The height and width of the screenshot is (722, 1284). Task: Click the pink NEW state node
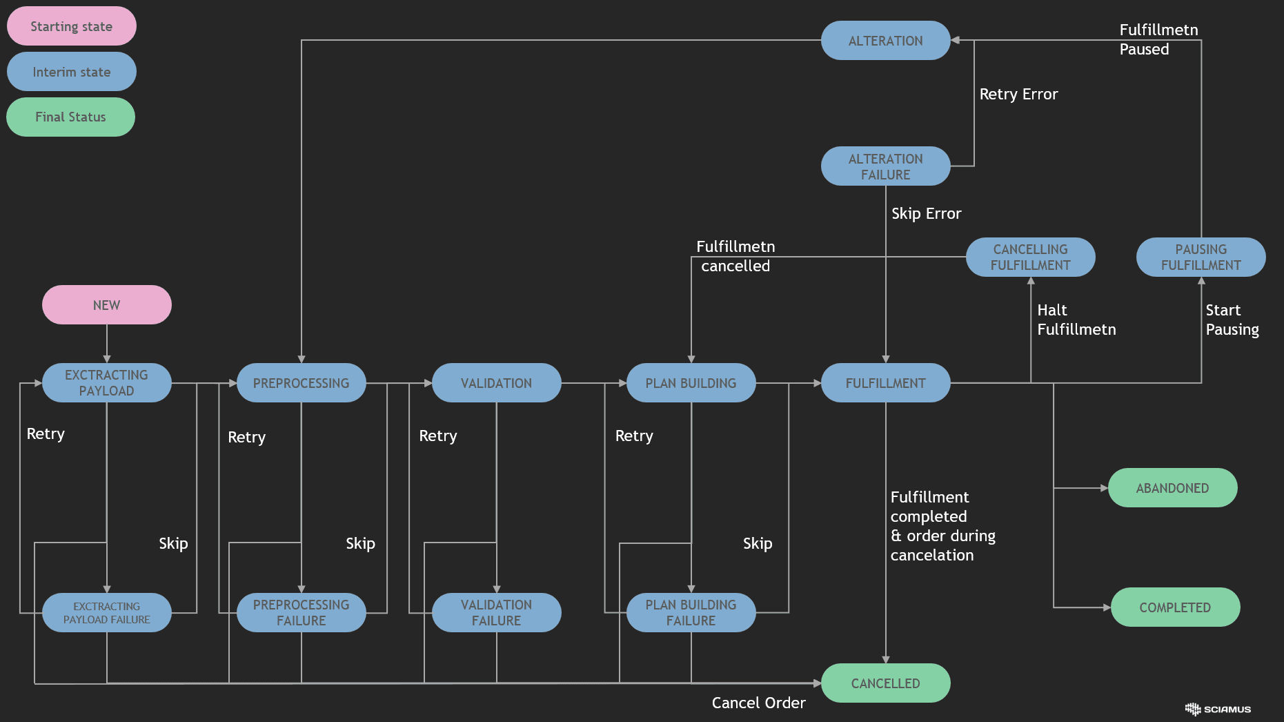coord(106,304)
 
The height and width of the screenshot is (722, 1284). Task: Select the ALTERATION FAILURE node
coord(885,166)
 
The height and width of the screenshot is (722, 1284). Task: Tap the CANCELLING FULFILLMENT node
coord(1030,257)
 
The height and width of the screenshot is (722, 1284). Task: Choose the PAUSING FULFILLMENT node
coord(1201,257)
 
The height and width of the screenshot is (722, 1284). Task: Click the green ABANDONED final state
coord(1172,488)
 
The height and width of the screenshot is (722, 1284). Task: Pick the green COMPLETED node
coord(1175,607)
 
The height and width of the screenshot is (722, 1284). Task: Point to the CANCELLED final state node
coord(885,683)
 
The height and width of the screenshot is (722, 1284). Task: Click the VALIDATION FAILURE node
coord(496,612)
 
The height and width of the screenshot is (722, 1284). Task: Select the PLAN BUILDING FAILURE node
coord(691,612)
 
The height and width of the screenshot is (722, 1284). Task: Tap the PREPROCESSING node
coord(301,383)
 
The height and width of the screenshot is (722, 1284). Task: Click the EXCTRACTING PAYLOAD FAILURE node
coord(106,612)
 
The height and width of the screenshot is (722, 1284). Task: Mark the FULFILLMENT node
coord(885,383)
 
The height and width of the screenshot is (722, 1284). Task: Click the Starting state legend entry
coord(71,26)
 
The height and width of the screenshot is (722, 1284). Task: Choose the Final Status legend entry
coord(70,117)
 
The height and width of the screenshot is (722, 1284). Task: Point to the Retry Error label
coord(1018,94)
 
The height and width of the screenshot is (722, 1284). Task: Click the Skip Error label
coord(926,213)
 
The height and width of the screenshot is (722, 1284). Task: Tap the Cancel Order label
coord(758,703)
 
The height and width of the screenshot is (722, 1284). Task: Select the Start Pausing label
coord(1232,320)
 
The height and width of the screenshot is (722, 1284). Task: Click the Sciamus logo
coord(1218,709)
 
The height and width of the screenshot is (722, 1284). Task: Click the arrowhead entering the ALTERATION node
coord(956,40)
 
